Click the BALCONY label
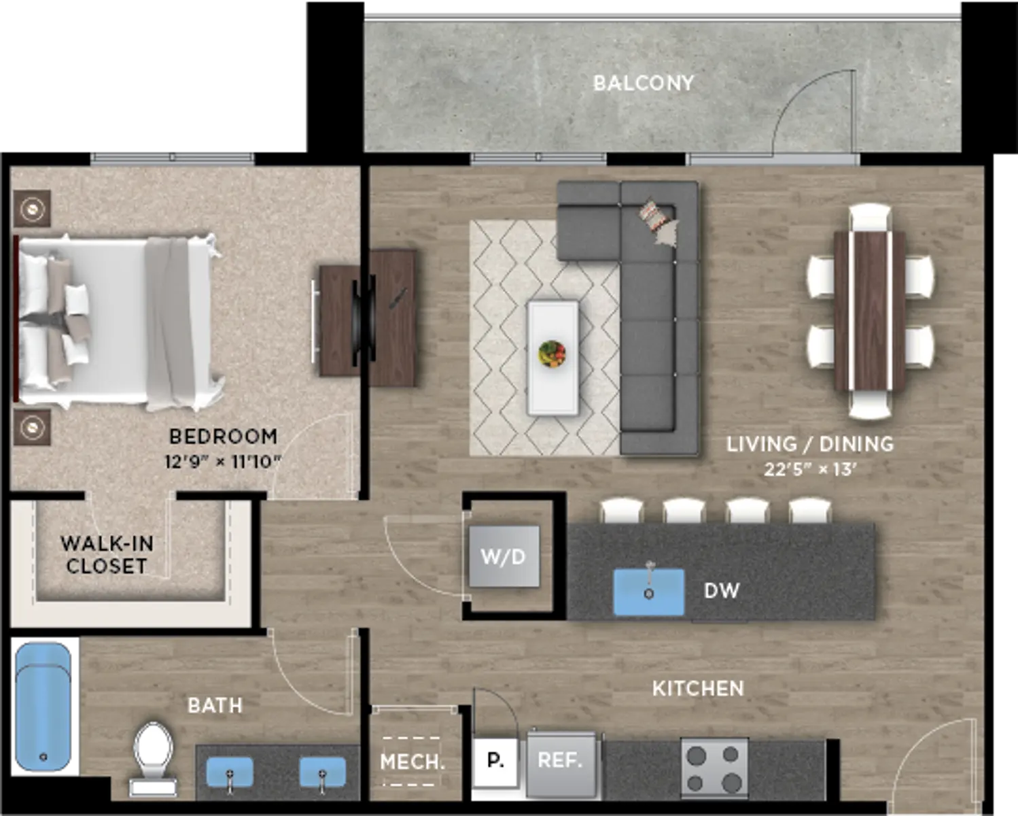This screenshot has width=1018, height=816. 644,84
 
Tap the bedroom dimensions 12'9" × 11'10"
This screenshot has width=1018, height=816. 223,462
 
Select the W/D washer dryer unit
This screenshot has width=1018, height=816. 504,557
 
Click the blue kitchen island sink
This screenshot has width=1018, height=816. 648,592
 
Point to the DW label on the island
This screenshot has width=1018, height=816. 722,591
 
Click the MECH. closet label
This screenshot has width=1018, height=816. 413,762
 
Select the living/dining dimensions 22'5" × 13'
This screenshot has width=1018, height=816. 810,469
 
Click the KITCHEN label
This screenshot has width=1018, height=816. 698,689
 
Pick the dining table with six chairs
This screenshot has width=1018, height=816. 870,311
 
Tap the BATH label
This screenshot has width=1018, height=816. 215,706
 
